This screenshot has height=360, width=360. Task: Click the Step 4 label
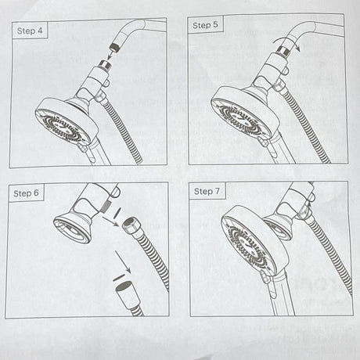pyautogui.click(x=30, y=31)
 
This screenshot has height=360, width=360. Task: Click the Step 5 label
pyautogui.click(x=205, y=25)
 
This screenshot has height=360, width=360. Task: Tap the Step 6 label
pyautogui.click(x=26, y=193)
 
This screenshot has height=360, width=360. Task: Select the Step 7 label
pyautogui.click(x=207, y=191)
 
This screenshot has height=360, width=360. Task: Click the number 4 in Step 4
pyautogui.click(x=40, y=31)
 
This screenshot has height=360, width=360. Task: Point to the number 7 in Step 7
pyautogui.click(x=217, y=191)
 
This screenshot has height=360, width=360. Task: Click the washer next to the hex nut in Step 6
pyautogui.click(x=117, y=211)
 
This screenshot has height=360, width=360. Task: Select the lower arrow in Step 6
pyautogui.click(x=123, y=262)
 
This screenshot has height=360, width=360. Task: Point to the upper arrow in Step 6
pyautogui.click(x=110, y=221)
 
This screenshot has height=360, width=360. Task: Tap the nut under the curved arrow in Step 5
pyautogui.click(x=283, y=50)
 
